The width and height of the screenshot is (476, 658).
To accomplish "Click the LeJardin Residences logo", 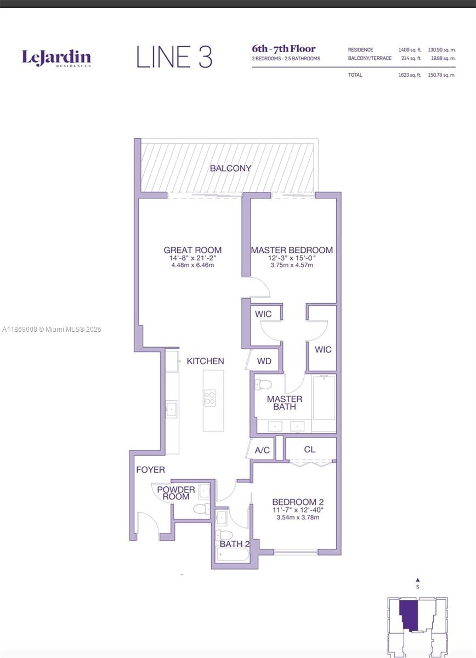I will pyautogui.click(x=56, y=58).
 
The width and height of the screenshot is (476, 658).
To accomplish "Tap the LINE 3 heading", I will pyautogui.click(x=174, y=58).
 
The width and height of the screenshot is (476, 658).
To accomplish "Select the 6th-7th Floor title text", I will pyautogui.click(x=284, y=49).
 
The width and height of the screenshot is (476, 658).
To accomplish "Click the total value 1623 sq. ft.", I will pyautogui.click(x=410, y=75).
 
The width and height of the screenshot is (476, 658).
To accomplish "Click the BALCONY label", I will pyautogui.click(x=230, y=168).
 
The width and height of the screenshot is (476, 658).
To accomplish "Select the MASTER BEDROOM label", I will pyautogui.click(x=292, y=250).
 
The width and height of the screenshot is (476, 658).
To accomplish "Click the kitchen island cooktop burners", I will pyautogui.click(x=209, y=398).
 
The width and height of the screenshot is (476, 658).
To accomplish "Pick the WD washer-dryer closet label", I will pyautogui.click(x=264, y=361).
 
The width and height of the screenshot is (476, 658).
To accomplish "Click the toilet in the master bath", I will pyautogui.click(x=264, y=384).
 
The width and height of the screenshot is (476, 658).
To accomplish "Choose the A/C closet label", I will pyautogui.click(x=263, y=450).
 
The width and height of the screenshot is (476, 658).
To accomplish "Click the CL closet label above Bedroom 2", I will pyautogui.click(x=310, y=449).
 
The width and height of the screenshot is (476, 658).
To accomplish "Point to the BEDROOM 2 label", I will pyautogui.click(x=298, y=502).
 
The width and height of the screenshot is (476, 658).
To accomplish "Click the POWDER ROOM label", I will pyautogui.click(x=176, y=493).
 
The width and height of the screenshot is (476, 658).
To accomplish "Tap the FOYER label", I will pyautogui.click(x=150, y=470).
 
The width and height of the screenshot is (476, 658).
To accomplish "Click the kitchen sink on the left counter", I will pyautogui.click(x=172, y=409).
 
